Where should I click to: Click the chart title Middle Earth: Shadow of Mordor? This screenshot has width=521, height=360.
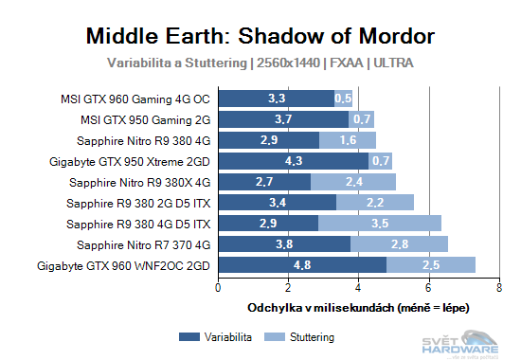(x=260, y=36)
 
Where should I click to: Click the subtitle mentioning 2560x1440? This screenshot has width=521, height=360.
(x=260, y=63)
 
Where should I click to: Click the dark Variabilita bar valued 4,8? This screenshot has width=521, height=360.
(x=302, y=264)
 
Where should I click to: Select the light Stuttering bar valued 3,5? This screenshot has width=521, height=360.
(x=380, y=223)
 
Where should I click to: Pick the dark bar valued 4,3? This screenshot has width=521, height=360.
(x=294, y=160)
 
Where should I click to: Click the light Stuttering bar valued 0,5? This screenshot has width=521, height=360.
(x=343, y=98)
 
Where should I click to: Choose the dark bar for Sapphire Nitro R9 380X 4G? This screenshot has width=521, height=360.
(x=265, y=181)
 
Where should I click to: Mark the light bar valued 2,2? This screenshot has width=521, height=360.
(x=375, y=202)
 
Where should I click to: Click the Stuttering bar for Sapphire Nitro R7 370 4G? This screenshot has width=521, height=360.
(x=400, y=243)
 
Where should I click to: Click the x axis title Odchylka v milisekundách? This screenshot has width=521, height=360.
(x=358, y=307)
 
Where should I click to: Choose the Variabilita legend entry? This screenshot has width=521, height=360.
(x=217, y=336)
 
